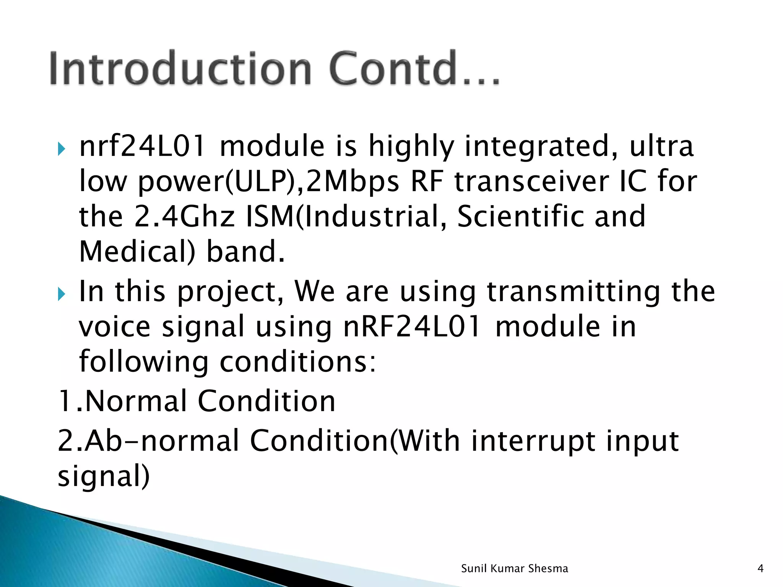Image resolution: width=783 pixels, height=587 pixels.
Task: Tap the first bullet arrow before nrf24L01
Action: tap(62, 148)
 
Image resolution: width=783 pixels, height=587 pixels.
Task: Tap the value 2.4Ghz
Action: tap(184, 217)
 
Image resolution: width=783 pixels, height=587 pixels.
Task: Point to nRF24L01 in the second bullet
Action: tap(411, 327)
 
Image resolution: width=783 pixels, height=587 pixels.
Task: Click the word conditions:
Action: tap(298, 362)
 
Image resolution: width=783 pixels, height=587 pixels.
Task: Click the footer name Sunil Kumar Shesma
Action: tap(514, 569)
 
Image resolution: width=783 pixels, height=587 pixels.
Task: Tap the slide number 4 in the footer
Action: tap(760, 569)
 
